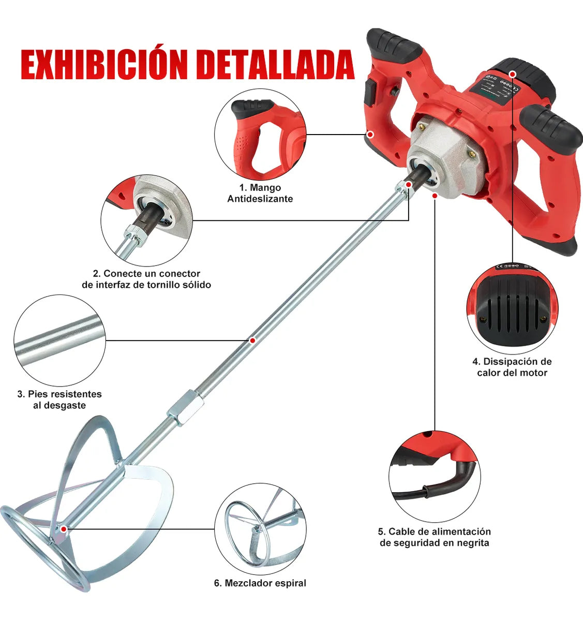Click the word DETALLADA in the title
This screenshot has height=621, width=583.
click(x=276, y=64)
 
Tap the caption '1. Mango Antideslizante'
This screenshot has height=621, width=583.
click(x=260, y=193)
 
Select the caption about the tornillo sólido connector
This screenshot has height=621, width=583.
click(x=146, y=279)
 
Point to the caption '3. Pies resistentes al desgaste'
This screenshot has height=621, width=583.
click(x=59, y=400)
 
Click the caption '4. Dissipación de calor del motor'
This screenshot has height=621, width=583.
click(x=512, y=367)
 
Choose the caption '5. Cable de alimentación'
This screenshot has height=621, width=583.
click(x=435, y=537)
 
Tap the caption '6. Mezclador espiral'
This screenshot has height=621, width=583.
click(x=260, y=583)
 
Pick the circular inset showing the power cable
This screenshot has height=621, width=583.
click(x=435, y=477)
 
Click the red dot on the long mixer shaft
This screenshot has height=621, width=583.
click(x=252, y=340)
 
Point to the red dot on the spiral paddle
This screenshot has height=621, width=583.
click(x=63, y=529)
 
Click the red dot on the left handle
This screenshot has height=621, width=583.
click(x=370, y=134)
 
